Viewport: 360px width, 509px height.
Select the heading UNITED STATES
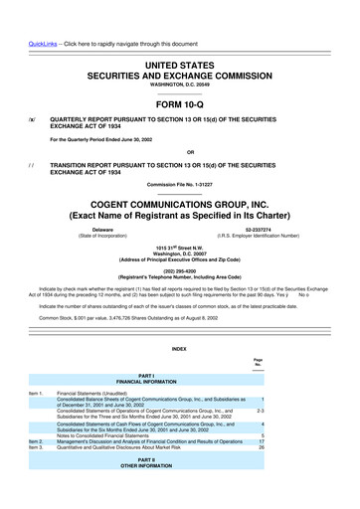tap(179, 35)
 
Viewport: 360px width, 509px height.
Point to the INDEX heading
tap(179, 348)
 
